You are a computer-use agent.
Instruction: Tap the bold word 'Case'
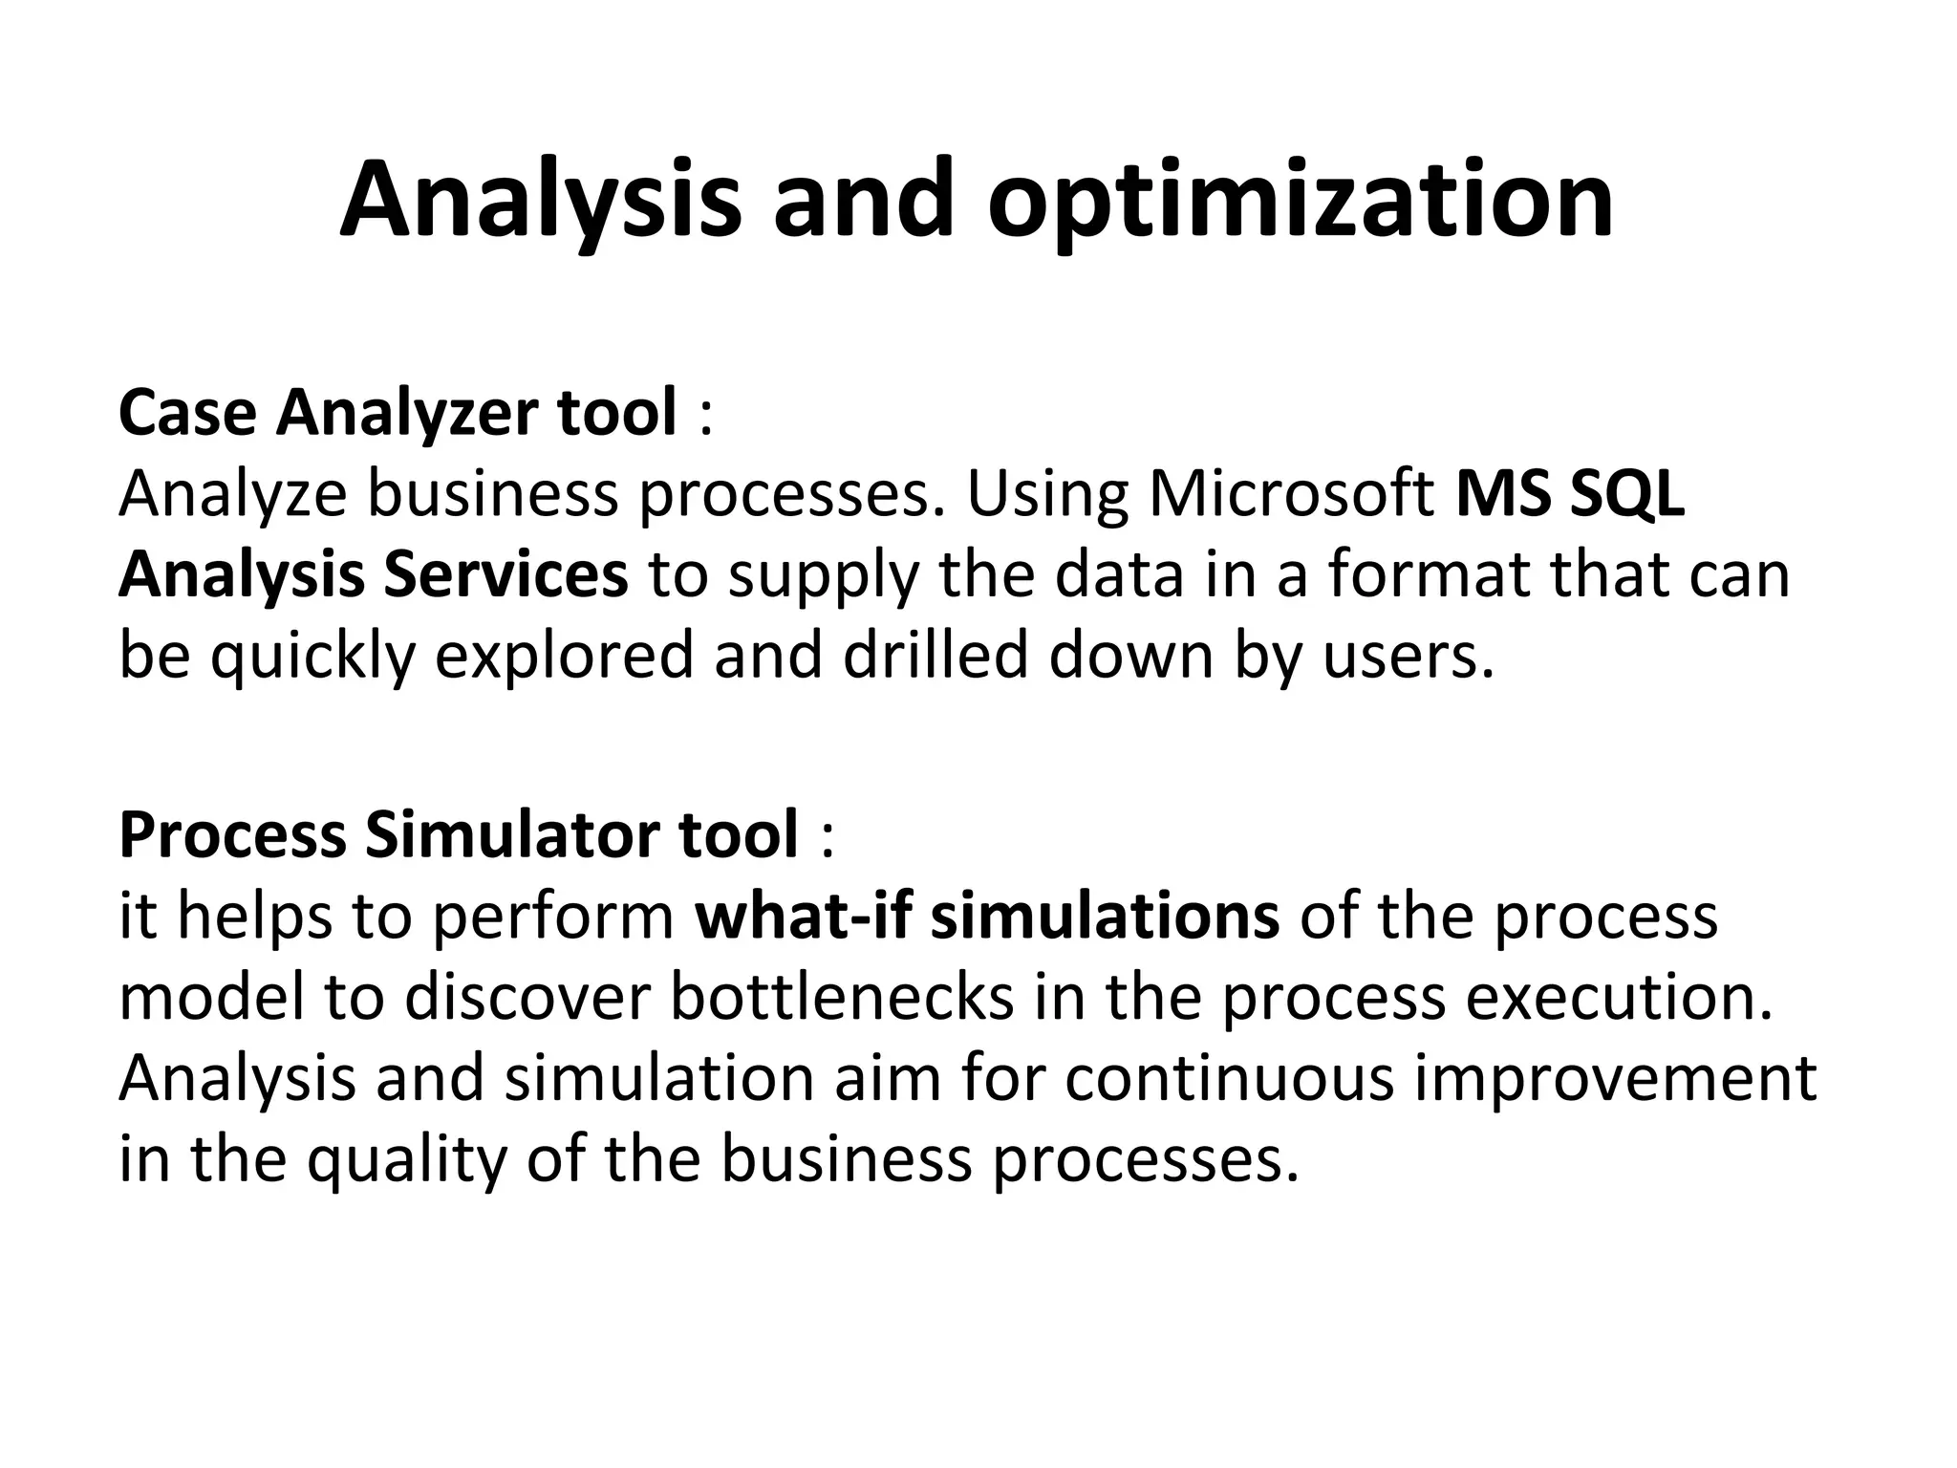tap(188, 413)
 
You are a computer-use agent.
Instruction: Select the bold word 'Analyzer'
tap(407, 413)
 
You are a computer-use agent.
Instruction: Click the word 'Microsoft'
tap(1291, 494)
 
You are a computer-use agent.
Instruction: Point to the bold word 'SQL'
tap(1627, 494)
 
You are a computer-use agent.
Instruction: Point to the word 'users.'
tap(1409, 658)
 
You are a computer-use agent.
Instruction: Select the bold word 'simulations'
tap(1105, 916)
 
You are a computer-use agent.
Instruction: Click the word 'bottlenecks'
tap(842, 997)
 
